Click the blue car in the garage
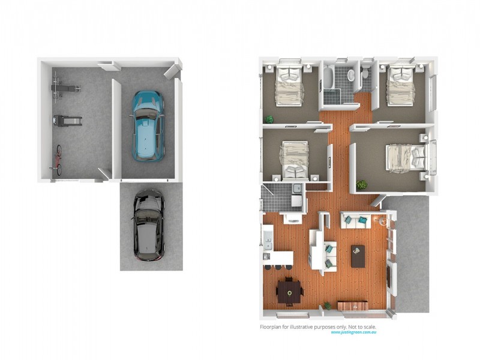pyautogui.click(x=148, y=125)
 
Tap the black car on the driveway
pyautogui.click(x=148, y=225)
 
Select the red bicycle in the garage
pyautogui.click(x=58, y=160)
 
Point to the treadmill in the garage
pyautogui.click(x=64, y=122)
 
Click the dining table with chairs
pyautogui.click(x=289, y=293)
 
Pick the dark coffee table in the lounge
pyautogui.click(x=358, y=256)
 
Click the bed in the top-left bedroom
pyautogui.click(x=289, y=85)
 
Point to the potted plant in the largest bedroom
pyautogui.click(x=361, y=184)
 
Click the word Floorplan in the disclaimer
pyautogui.click(x=271, y=326)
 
